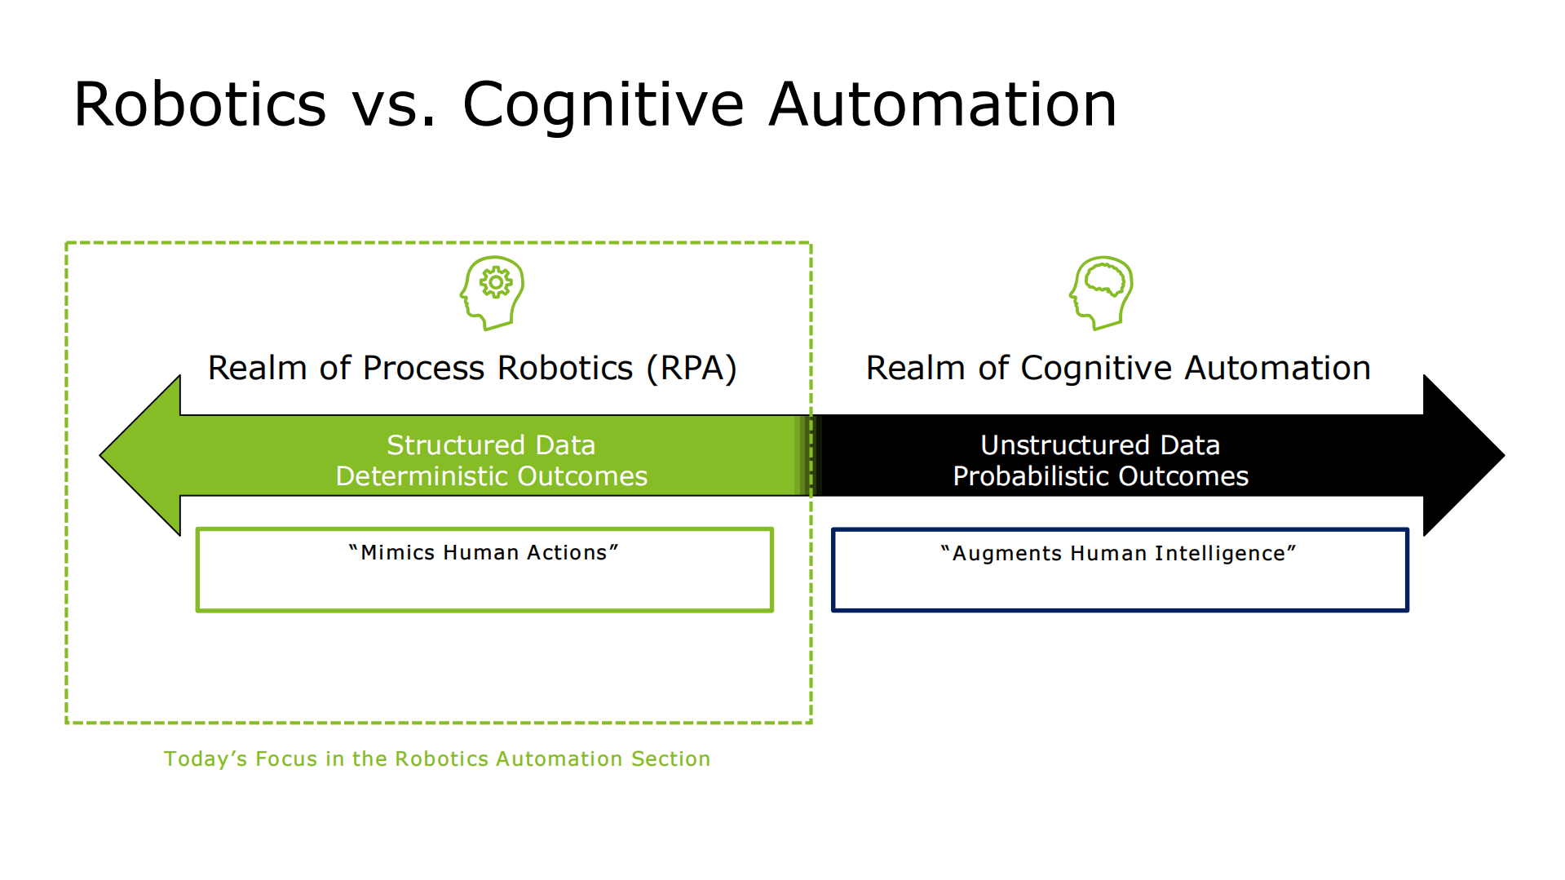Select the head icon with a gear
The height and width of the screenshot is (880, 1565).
tap(492, 292)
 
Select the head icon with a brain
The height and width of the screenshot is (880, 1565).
tap(1102, 292)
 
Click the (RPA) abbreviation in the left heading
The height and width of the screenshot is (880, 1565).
tap(692, 368)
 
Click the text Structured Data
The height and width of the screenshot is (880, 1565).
tap(491, 444)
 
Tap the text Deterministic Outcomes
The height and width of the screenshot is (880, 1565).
tap(491, 476)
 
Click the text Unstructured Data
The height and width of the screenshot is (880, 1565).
tap(1099, 444)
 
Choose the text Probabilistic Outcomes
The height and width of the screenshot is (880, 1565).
tap(1100, 476)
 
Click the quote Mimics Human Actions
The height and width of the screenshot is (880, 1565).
tap(484, 552)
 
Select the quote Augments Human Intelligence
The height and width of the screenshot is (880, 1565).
tap(1118, 553)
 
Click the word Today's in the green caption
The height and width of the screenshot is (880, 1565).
tap(206, 758)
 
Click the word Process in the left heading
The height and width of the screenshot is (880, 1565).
tap(423, 368)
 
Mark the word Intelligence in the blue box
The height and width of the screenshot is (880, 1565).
tap(1220, 553)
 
